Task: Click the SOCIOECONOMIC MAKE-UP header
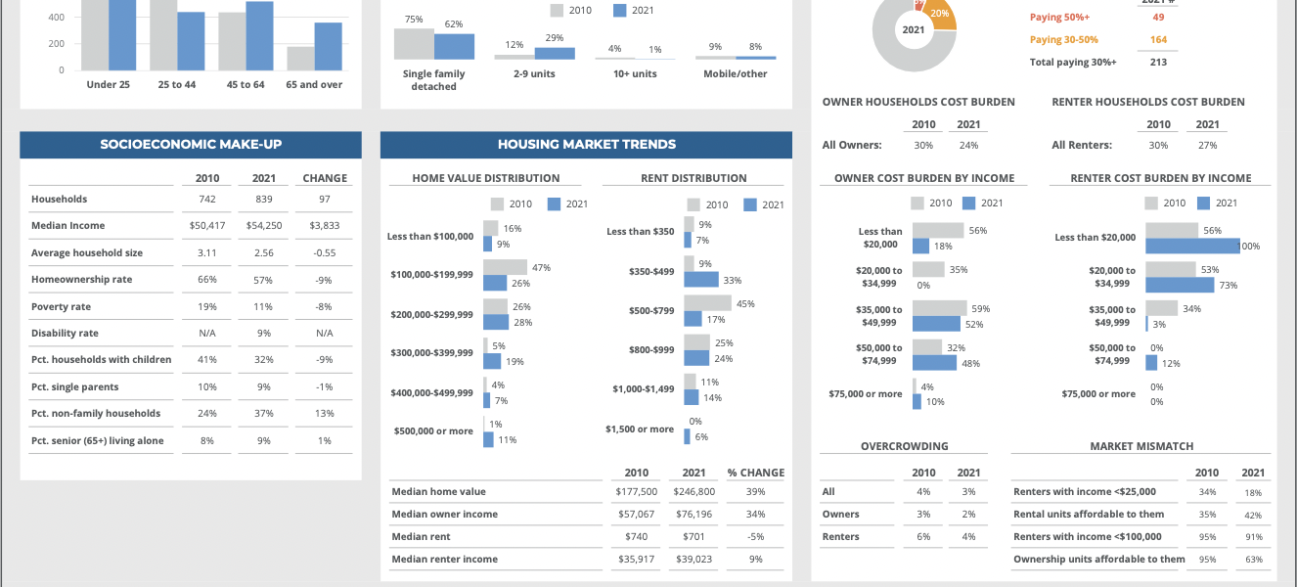pos(191,145)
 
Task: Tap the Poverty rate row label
pos(61,306)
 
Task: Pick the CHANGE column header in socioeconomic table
pos(325,178)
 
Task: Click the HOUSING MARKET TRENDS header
pos(586,145)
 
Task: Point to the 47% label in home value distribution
pos(541,267)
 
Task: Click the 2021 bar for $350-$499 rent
pos(701,280)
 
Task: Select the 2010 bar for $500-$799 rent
pos(707,303)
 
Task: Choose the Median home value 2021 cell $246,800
pos(693,492)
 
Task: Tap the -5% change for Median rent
pos(755,537)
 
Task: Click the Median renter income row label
pos(444,560)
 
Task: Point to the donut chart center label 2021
pos(914,30)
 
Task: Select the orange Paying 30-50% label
pos(1063,40)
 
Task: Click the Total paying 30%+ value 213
pos(1158,63)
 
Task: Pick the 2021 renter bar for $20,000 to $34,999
pos(1180,285)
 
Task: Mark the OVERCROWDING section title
pos(904,446)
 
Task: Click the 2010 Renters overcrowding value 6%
pos(923,537)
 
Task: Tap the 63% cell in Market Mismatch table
pos(1253,560)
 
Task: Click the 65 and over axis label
pos(314,85)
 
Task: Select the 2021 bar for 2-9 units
pos(555,54)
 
